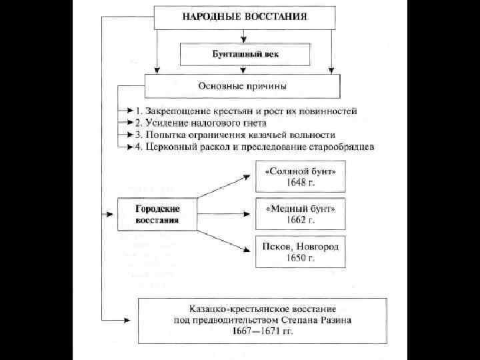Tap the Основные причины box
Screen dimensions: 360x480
click(x=243, y=85)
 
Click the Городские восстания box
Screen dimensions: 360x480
click(x=157, y=213)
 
